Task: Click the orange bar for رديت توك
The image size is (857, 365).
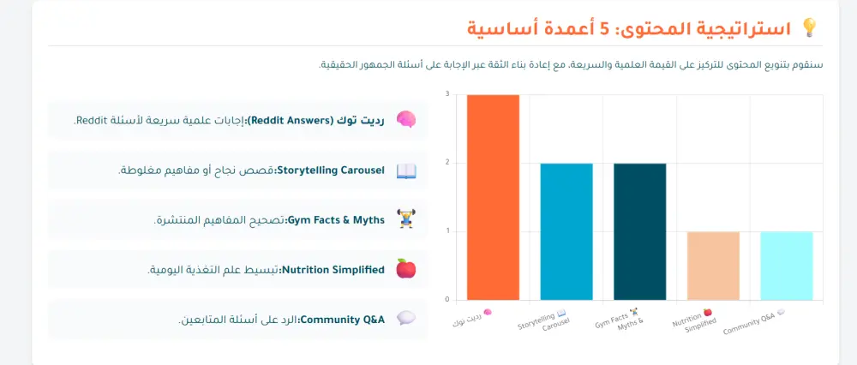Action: click(493, 197)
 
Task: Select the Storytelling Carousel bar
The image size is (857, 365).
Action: click(566, 231)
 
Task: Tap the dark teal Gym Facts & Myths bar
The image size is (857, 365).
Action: click(639, 231)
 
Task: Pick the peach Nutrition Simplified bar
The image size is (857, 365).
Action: click(713, 266)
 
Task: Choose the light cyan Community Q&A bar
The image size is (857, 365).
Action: click(786, 266)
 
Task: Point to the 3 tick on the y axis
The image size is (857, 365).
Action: click(446, 94)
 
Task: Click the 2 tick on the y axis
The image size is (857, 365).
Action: click(446, 163)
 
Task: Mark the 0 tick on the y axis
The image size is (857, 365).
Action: click(446, 300)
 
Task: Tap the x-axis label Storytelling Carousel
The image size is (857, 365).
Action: click(546, 326)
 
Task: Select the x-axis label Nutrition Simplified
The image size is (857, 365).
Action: click(697, 326)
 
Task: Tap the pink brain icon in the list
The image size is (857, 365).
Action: click(405, 120)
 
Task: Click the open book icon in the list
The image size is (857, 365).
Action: click(405, 171)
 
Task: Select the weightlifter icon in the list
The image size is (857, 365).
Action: click(405, 220)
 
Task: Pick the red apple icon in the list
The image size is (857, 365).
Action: click(405, 269)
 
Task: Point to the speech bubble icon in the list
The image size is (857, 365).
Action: click(405, 319)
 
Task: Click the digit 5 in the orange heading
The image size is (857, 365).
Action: click(605, 29)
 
